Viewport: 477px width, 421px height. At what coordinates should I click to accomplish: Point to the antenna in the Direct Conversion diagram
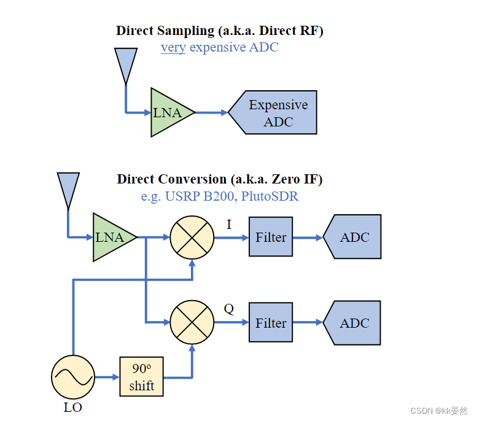click(x=68, y=188)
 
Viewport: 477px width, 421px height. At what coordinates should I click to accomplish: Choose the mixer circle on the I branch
click(x=192, y=237)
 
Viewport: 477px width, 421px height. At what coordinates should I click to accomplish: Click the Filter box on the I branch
click(x=271, y=237)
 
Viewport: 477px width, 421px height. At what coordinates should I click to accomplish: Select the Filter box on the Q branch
click(x=271, y=323)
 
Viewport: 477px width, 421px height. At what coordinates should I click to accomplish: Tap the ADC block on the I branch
click(x=354, y=237)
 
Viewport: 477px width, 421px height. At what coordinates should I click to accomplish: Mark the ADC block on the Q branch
click(x=354, y=323)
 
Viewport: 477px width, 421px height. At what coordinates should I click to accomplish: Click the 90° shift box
click(x=142, y=377)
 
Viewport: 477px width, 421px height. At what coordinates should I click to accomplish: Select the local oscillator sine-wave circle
click(x=73, y=377)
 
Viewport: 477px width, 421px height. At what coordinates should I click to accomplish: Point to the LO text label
click(x=73, y=407)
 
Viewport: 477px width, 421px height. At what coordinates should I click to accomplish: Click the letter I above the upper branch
click(x=229, y=225)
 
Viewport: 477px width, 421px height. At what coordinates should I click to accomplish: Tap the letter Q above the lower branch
click(x=228, y=309)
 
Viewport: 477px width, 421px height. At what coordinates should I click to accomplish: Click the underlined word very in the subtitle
click(x=173, y=47)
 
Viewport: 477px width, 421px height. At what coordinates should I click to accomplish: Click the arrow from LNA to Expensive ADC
click(x=211, y=113)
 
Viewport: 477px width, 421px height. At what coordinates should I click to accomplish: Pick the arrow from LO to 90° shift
click(x=107, y=377)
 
